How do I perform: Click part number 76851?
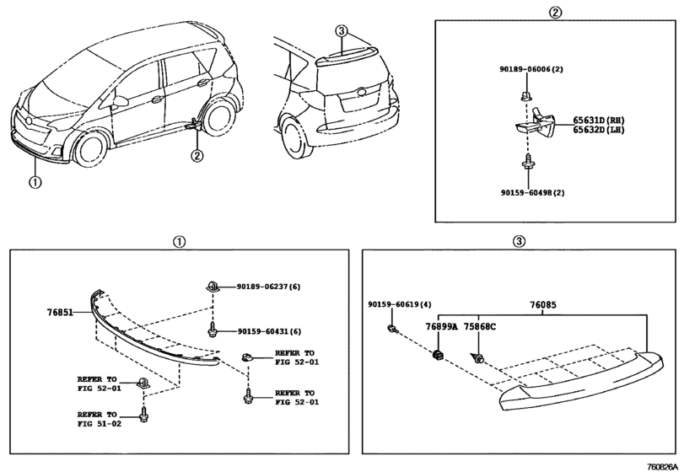59,312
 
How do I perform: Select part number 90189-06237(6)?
269,287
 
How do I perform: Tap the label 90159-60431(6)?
269,331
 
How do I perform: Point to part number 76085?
543,305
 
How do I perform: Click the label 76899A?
441,326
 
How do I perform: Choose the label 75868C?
479,326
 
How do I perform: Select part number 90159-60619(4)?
400,304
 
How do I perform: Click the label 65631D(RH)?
599,121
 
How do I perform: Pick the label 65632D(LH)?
599,130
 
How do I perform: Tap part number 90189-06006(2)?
531,69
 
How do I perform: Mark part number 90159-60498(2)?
532,192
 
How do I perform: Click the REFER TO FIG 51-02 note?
100,419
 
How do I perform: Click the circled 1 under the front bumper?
35,182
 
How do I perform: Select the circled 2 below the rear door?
197,155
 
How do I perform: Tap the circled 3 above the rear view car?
342,31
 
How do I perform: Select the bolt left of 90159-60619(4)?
392,329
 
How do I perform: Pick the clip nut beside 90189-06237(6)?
212,286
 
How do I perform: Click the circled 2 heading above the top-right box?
554,12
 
